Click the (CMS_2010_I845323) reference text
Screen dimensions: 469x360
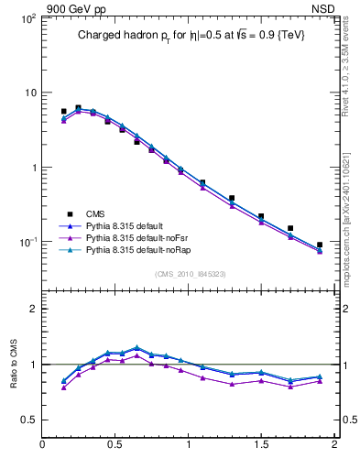point(191,274)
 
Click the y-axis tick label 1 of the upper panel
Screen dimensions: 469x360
point(32,168)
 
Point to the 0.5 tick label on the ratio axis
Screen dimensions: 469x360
point(28,420)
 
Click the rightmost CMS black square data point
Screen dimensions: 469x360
point(320,245)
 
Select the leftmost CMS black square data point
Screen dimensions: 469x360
point(63,111)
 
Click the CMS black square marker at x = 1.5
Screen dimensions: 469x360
point(261,216)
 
